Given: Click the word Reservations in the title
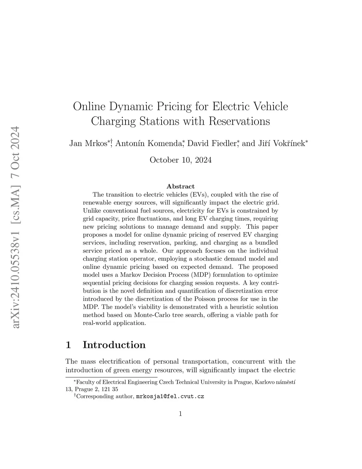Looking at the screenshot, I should (x=239, y=121).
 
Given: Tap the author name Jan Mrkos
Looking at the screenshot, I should (x=88, y=143).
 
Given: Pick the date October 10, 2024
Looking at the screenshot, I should (x=181, y=160).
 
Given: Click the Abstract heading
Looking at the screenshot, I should (x=181, y=186).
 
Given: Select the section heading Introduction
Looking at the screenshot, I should (x=114, y=345).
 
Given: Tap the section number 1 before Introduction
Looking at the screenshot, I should (x=69, y=345).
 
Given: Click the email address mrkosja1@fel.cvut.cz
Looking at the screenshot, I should (x=170, y=396).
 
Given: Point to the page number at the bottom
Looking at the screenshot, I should (x=181, y=413).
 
